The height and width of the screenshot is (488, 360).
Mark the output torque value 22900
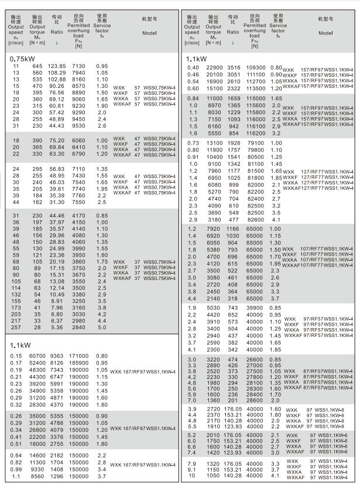click(x=212, y=68)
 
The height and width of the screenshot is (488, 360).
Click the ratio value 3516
click(x=234, y=68)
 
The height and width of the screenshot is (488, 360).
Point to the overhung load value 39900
click(x=255, y=308)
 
